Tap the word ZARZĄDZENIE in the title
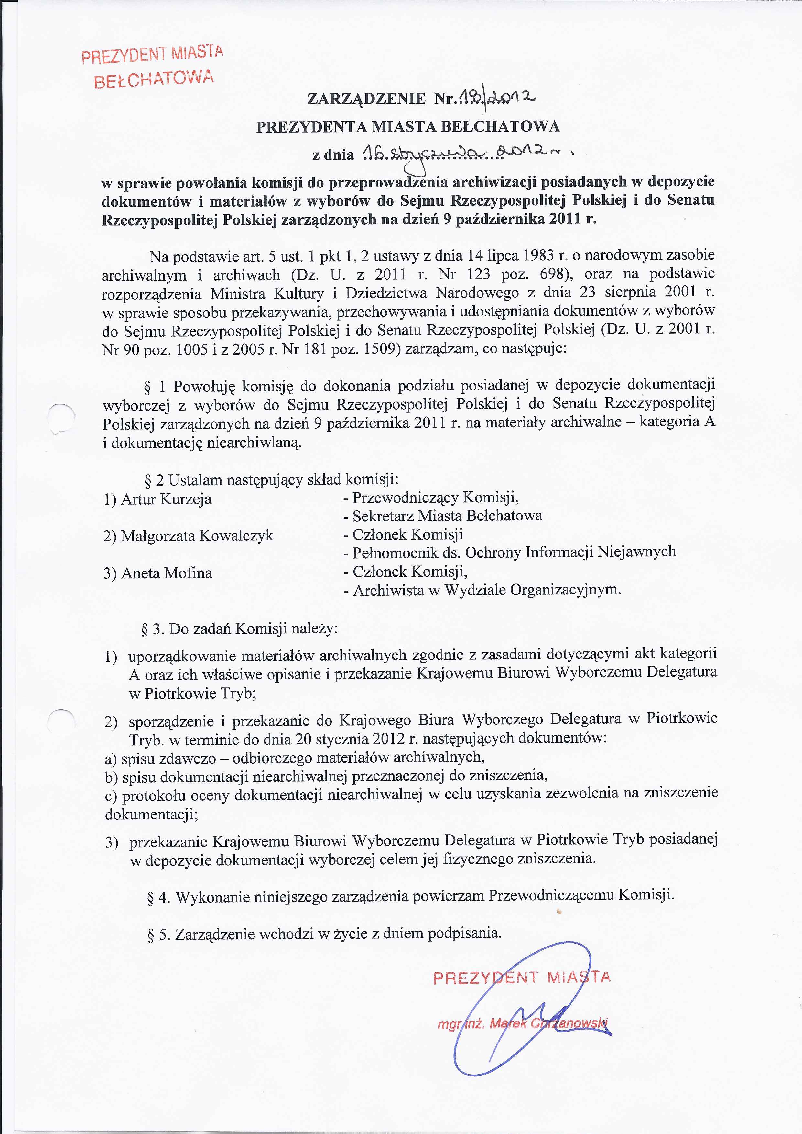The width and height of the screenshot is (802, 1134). pos(366,99)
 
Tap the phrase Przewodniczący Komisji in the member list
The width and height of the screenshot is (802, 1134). pos(435,497)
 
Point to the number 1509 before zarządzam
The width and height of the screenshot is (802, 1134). pos(381,349)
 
